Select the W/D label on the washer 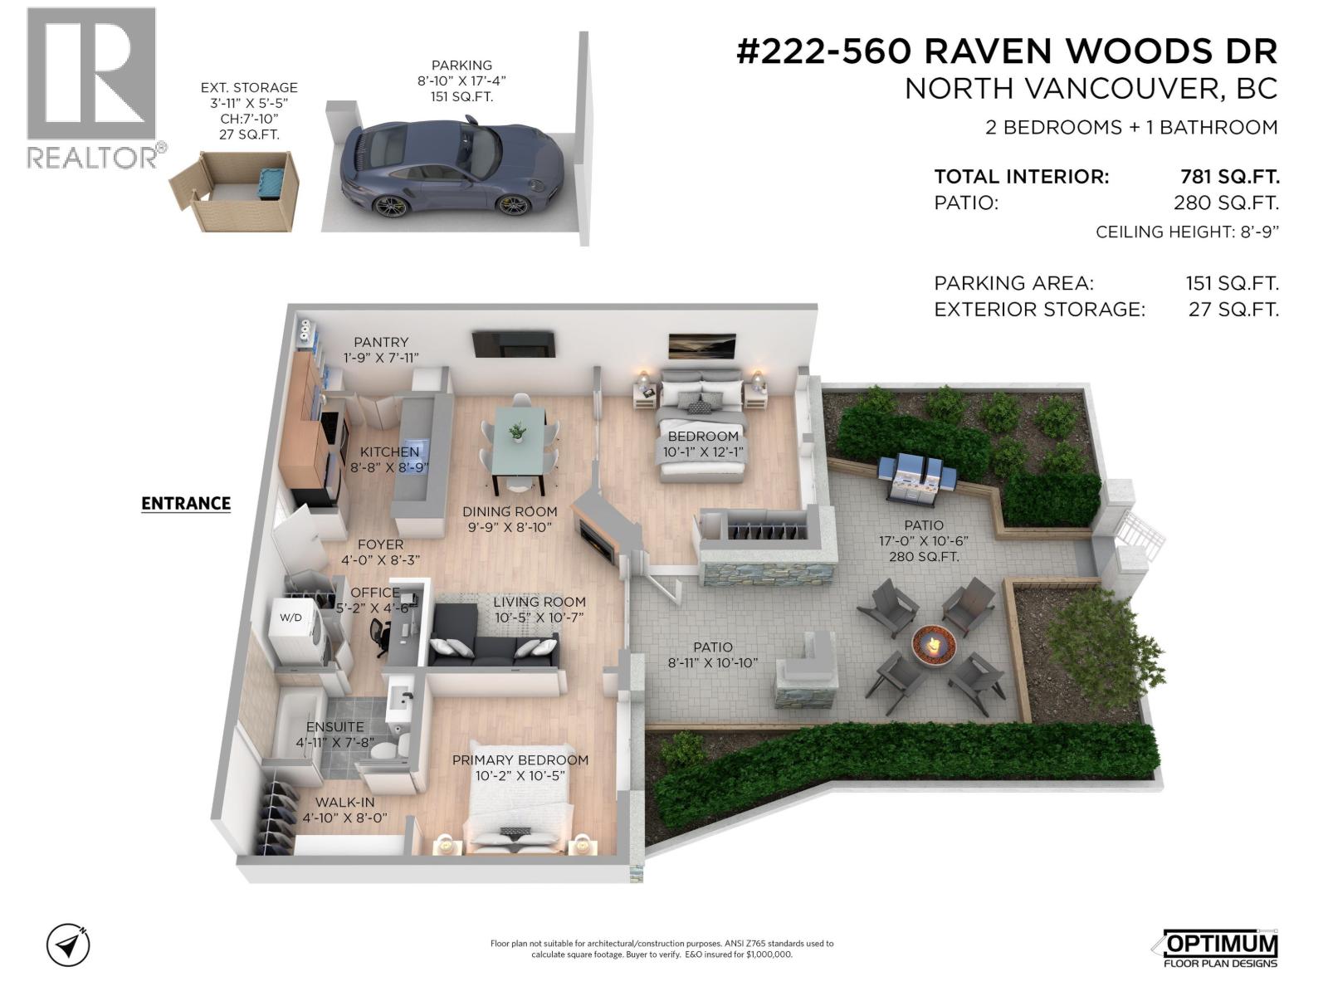coord(290,618)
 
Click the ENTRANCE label coord(186,503)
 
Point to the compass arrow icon coord(68,945)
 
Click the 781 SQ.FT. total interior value coord(1229,177)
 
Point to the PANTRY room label coord(381,342)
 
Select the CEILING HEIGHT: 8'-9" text coord(1187,232)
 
